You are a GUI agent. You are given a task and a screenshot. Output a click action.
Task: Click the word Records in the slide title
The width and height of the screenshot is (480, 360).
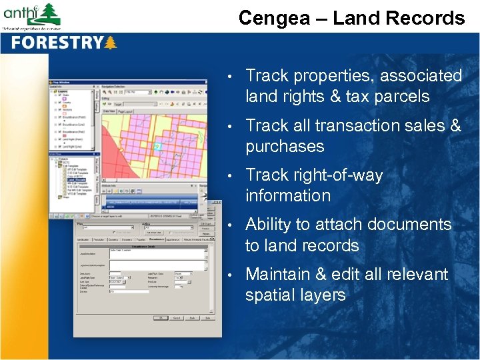(x=429, y=18)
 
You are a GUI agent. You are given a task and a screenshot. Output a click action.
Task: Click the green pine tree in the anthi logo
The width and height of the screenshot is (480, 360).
(x=49, y=12)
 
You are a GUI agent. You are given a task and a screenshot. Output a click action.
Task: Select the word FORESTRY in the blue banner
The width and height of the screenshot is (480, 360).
(x=56, y=43)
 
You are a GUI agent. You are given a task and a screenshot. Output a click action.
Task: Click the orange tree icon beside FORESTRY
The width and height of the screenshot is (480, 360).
(x=111, y=43)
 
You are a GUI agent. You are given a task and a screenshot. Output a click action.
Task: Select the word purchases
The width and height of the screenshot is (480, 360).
(x=285, y=146)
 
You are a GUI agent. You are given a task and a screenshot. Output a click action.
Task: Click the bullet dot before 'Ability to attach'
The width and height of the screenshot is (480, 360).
(x=229, y=225)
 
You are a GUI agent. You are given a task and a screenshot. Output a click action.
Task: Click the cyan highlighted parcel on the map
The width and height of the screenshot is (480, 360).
(x=157, y=146)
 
